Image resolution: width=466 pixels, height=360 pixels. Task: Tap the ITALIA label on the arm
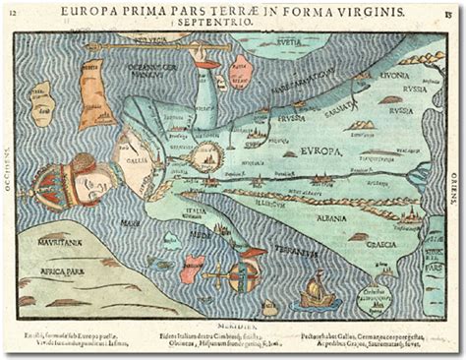click(x=197, y=210)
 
